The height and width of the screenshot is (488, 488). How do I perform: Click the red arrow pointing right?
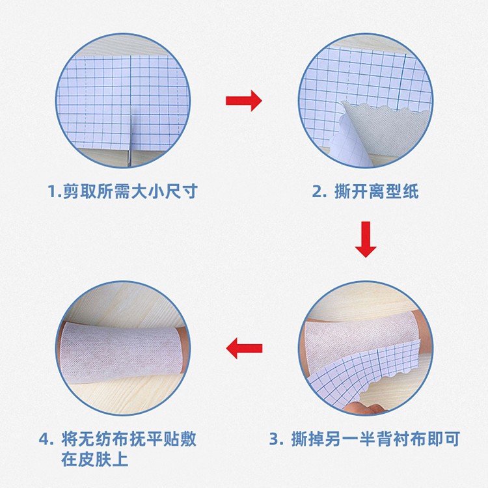243,100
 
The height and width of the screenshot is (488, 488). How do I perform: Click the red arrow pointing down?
366,239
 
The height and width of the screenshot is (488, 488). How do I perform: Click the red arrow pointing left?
243,349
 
